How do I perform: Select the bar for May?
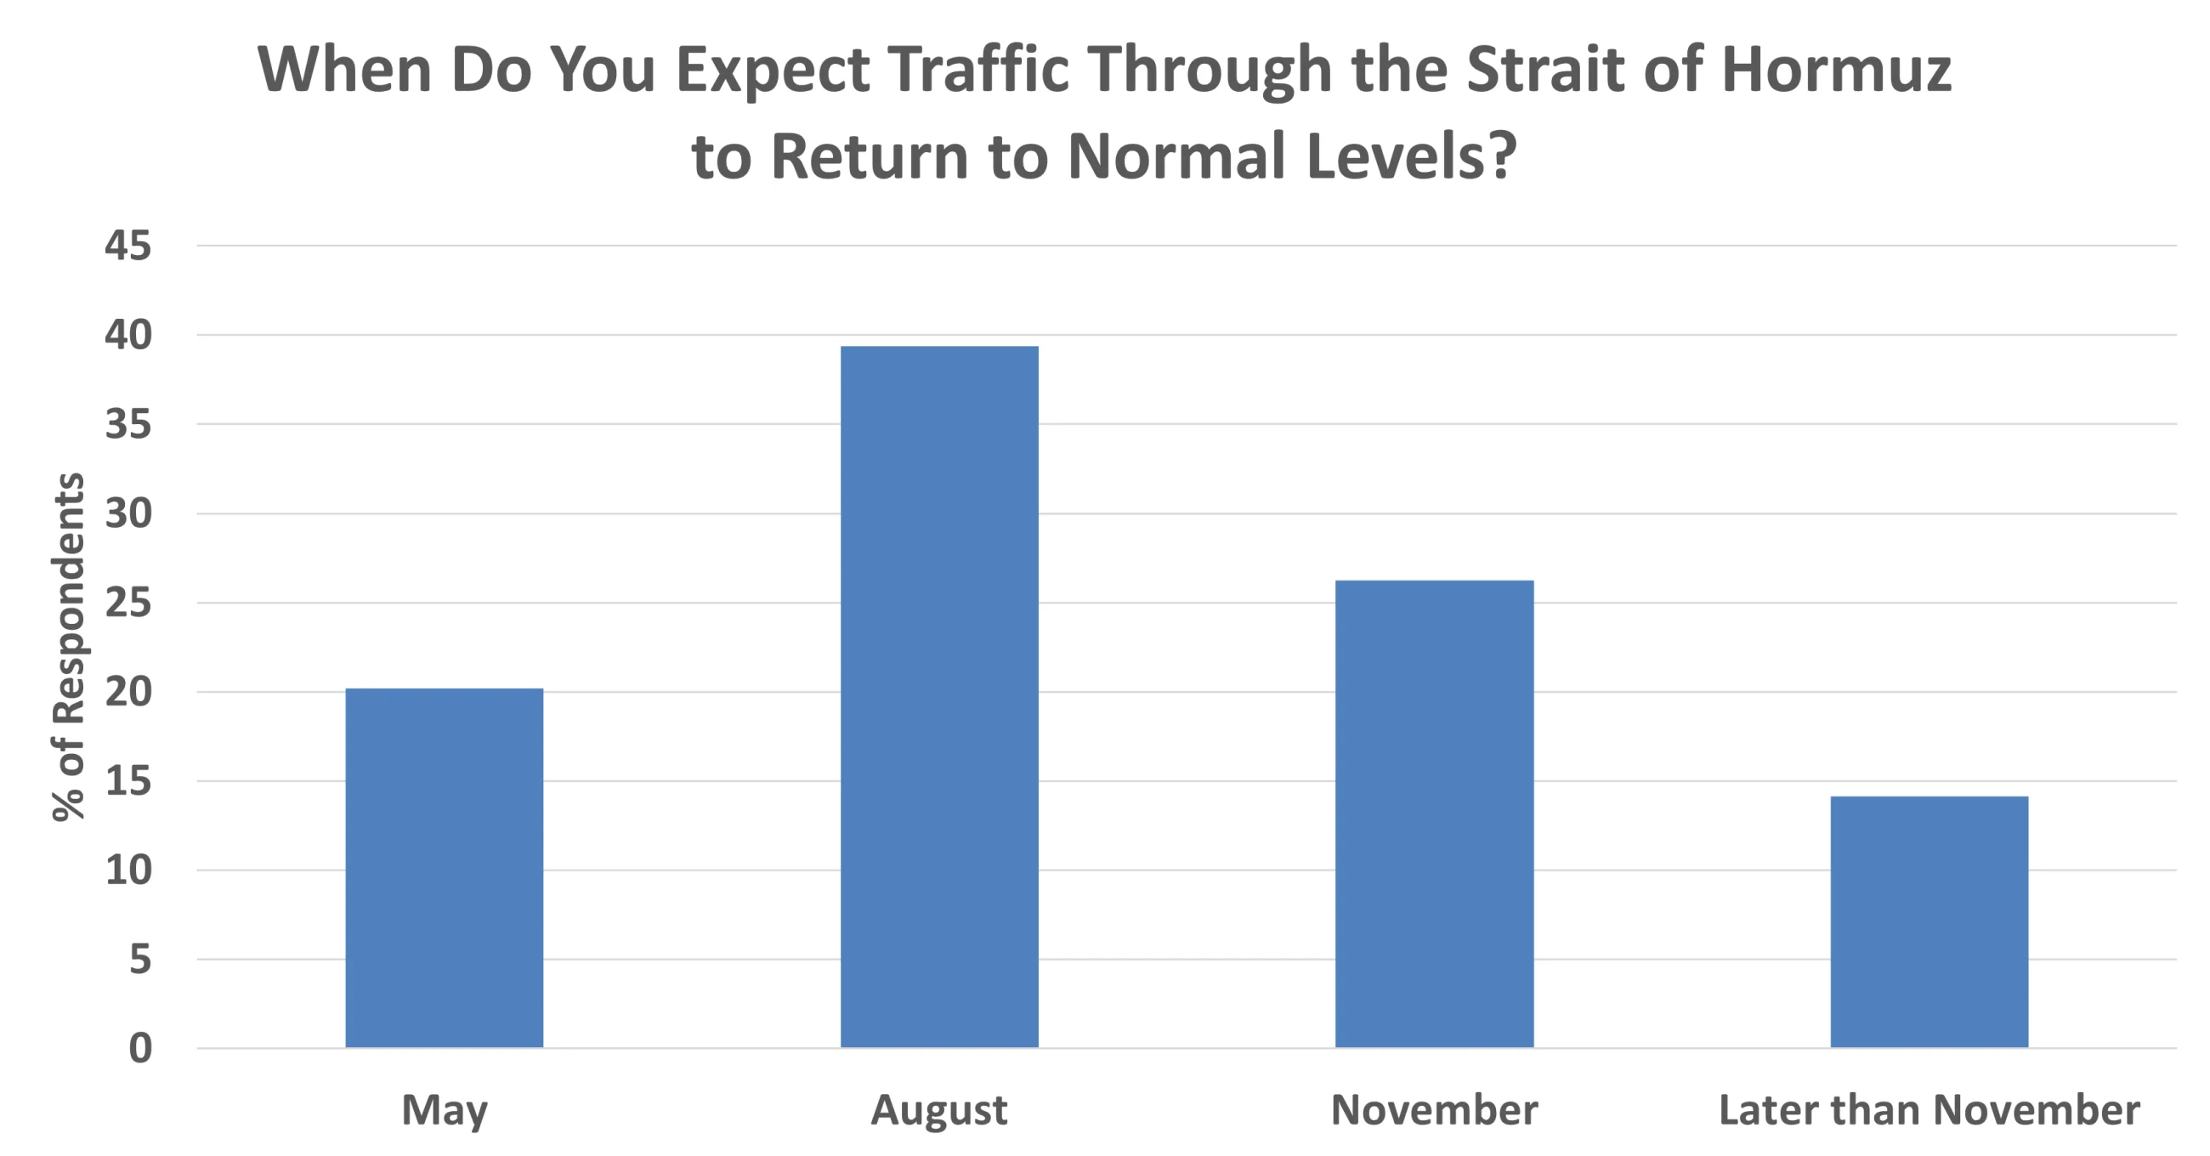click(x=445, y=868)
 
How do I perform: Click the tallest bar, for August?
click(x=939, y=697)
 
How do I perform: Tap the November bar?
click(x=1435, y=813)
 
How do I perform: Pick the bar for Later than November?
click(x=1929, y=921)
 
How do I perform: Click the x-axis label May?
click(x=445, y=1110)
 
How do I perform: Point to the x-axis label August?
click(x=939, y=1110)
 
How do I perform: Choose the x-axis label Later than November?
click(x=1929, y=1109)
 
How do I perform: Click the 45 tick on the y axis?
click(x=127, y=246)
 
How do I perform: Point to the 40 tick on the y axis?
click(x=127, y=335)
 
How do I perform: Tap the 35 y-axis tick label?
click(x=127, y=424)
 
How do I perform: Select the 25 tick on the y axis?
click(x=127, y=603)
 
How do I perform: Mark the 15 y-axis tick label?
click(x=127, y=781)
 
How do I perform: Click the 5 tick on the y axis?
click(x=141, y=960)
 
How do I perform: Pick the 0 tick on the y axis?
click(x=141, y=1049)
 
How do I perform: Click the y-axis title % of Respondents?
click(x=69, y=647)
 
